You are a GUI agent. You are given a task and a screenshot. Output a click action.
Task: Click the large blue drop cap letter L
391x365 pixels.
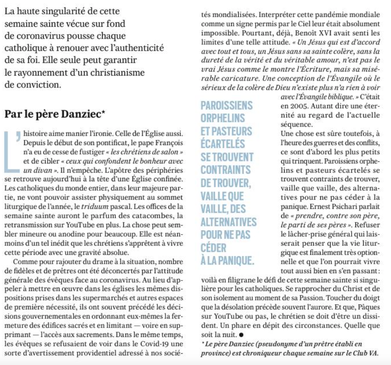12,150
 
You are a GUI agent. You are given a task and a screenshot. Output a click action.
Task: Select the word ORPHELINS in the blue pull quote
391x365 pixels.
223,118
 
